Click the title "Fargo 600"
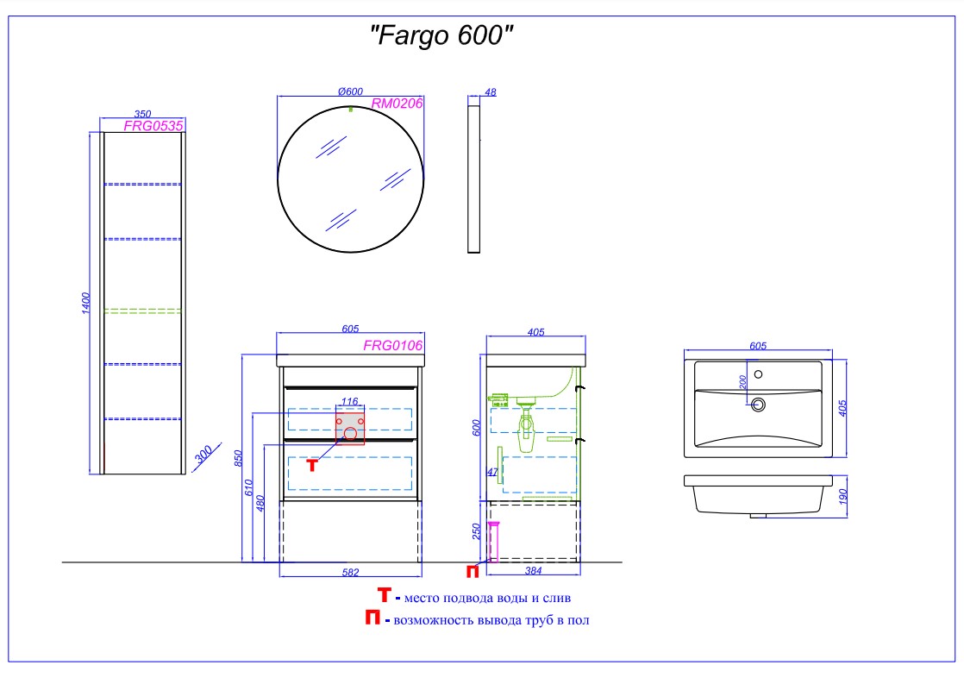pyautogui.click(x=441, y=37)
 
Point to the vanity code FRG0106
pyautogui.click(x=392, y=346)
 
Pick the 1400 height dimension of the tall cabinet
pyautogui.click(x=85, y=303)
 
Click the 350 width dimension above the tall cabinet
pyautogui.click(x=143, y=113)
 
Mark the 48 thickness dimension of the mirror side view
pyautogui.click(x=491, y=91)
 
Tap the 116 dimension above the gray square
pyautogui.click(x=349, y=401)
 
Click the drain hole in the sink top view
pyautogui.click(x=759, y=404)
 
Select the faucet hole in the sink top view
pyautogui.click(x=759, y=374)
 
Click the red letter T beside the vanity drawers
pyautogui.click(x=313, y=465)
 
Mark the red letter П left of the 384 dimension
pyautogui.click(x=473, y=571)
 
